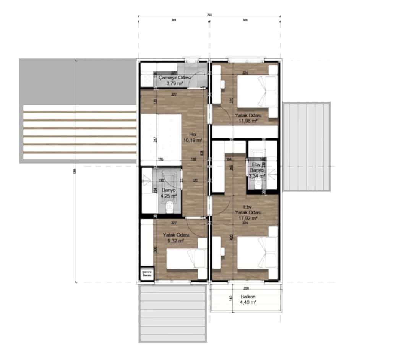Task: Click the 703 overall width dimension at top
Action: point(209,15)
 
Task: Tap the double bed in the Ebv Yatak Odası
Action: point(257,253)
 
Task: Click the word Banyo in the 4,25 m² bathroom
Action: point(169,190)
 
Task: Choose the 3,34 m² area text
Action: point(256,176)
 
